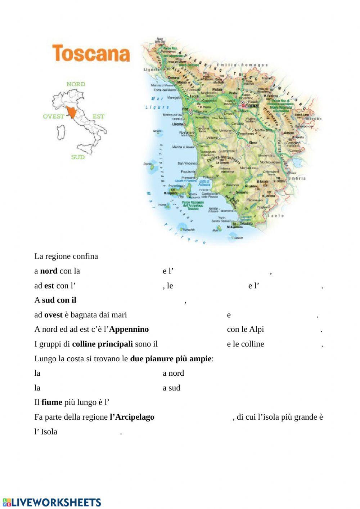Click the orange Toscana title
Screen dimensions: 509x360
point(91,53)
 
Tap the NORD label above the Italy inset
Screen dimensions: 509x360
point(76,84)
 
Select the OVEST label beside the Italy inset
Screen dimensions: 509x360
point(53,116)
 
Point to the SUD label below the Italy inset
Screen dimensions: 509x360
point(78,157)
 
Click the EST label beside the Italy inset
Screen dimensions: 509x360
point(98,116)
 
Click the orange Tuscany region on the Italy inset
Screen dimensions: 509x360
point(72,113)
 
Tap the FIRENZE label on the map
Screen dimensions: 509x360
point(252,106)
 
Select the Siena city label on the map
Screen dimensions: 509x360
point(253,143)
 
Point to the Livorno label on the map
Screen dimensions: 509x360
point(177,124)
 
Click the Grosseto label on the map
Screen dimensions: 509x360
point(242,192)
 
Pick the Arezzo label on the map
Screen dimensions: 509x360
point(289,133)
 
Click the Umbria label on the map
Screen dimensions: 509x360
point(297,178)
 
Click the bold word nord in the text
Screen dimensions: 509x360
point(49,271)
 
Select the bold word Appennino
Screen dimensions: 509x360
point(129,329)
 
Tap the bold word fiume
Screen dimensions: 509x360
point(52,402)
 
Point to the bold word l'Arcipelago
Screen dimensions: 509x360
point(132,417)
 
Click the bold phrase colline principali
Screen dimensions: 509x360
point(102,344)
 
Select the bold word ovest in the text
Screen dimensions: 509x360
point(53,315)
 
